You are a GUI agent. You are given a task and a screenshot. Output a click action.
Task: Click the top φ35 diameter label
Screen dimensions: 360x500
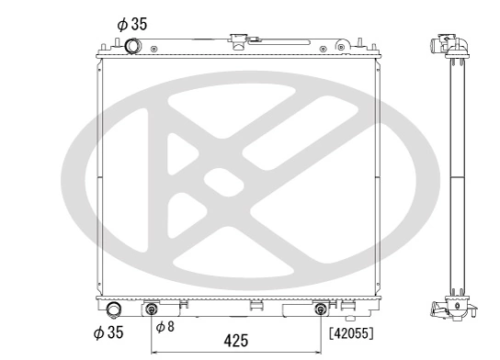[x=132, y=26]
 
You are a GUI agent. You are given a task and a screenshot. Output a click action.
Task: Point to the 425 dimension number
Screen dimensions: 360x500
[x=235, y=341]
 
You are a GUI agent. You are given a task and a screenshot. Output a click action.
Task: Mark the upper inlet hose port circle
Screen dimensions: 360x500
[x=134, y=46]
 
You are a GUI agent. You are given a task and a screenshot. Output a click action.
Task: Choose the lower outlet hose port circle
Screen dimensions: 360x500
[x=114, y=309]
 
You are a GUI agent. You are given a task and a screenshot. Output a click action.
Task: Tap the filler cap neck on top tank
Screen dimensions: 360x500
[x=238, y=41]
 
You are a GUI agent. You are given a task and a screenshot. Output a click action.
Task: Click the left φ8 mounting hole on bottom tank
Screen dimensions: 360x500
[x=152, y=309]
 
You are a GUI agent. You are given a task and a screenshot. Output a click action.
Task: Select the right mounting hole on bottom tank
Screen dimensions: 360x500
[x=321, y=309]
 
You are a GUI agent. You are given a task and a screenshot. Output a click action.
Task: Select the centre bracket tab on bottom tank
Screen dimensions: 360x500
[x=251, y=306]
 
